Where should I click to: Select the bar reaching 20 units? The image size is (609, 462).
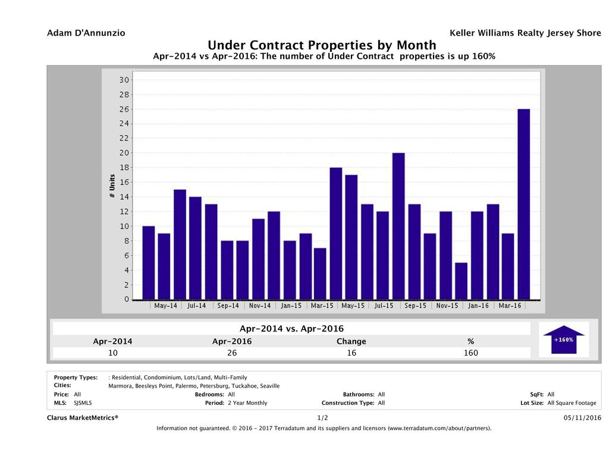click(398, 226)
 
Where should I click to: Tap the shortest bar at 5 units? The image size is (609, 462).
click(461, 281)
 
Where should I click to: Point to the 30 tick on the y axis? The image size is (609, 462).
click(124, 80)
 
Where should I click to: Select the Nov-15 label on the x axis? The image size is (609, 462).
click(447, 306)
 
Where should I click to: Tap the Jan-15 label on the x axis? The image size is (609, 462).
click(291, 306)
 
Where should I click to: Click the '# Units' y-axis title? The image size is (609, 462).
click(111, 187)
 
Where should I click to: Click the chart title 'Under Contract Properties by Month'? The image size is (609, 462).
click(322, 46)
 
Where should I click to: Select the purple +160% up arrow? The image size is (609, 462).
click(563, 340)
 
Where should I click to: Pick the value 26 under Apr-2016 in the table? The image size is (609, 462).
click(231, 353)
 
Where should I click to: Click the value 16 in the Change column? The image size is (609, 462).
click(351, 353)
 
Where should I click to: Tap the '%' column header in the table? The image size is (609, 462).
click(470, 341)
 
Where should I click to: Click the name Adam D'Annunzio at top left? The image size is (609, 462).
click(86, 33)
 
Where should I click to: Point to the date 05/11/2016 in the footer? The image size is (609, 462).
click(582, 418)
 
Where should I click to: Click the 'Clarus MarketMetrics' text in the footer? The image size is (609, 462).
click(83, 418)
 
